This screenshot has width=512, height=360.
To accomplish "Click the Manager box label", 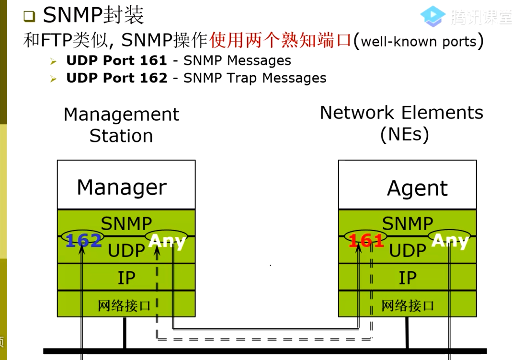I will (122, 187).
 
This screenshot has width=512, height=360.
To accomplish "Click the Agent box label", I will (417, 188).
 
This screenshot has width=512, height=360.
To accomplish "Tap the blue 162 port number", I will (83, 240).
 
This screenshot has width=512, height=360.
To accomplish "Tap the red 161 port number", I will (366, 240).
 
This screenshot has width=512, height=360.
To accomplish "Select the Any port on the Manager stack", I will (167, 240).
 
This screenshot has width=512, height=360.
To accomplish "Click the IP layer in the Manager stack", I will (126, 278).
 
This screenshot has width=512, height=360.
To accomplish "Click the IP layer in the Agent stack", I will (408, 278).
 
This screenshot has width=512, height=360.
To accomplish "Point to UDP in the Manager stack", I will (126, 251).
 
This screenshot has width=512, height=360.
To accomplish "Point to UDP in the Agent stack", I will (408, 251).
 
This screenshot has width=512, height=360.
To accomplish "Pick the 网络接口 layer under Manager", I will (125, 305).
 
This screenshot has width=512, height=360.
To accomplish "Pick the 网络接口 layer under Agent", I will (408, 305).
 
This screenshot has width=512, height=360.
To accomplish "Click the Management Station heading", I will (121, 125).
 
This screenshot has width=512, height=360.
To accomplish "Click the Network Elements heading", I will (401, 123).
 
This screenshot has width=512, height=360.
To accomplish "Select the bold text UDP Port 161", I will (116, 61).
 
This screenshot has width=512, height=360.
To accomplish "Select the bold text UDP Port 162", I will (116, 78).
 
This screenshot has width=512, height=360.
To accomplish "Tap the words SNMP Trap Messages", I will (255, 78).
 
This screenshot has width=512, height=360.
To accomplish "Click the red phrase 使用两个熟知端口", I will (281, 40).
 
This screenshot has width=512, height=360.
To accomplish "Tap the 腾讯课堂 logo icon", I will (432, 17).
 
